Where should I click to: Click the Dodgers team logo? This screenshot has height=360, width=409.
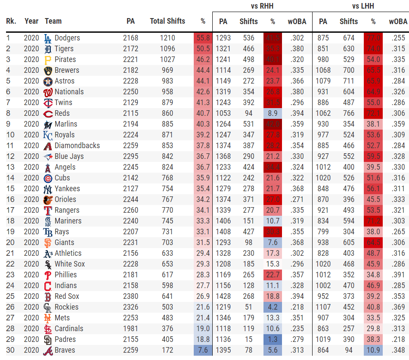[48, 38]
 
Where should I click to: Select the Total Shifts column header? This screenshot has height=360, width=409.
[167, 21]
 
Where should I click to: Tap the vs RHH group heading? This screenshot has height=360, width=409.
[262, 6]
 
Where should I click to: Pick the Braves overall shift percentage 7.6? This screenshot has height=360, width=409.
[203, 350]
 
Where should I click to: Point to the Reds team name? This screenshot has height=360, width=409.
[63, 113]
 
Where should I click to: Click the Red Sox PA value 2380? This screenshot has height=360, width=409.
[130, 296]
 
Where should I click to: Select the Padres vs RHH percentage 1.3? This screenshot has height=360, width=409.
[273, 339]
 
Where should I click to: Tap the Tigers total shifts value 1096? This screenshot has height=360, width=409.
[167, 49]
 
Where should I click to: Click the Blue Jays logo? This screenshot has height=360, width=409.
[48, 156]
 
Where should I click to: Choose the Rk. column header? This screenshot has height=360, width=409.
[11, 21]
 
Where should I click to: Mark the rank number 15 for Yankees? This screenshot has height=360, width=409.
[10, 189]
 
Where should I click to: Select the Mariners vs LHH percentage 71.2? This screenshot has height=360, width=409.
[373, 221]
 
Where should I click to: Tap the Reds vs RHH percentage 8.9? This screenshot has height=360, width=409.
[273, 113]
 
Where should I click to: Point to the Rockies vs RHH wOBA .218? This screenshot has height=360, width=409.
[297, 307]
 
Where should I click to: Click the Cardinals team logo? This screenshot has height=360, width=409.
[48, 329]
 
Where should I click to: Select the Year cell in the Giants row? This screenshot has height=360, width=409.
[31, 242]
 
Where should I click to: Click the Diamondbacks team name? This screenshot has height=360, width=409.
[77, 146]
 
